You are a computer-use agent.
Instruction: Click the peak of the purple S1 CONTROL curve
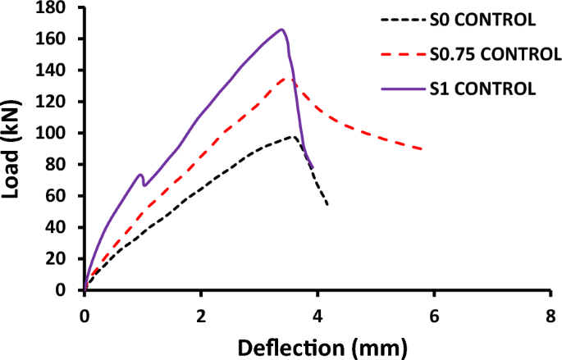pos(281,30)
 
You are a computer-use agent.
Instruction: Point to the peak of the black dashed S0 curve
pos(293,137)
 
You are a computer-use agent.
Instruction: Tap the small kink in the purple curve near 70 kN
pos(140,175)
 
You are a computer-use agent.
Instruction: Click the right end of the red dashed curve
pos(422,148)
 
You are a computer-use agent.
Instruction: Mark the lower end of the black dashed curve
pos(327,204)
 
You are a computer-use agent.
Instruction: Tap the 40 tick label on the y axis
pos(65,227)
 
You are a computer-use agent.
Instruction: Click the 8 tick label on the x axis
pos(548,316)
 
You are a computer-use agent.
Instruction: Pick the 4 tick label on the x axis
pos(316,316)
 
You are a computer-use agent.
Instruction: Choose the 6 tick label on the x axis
pos(432,316)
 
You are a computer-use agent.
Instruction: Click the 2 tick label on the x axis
pos(200,316)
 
